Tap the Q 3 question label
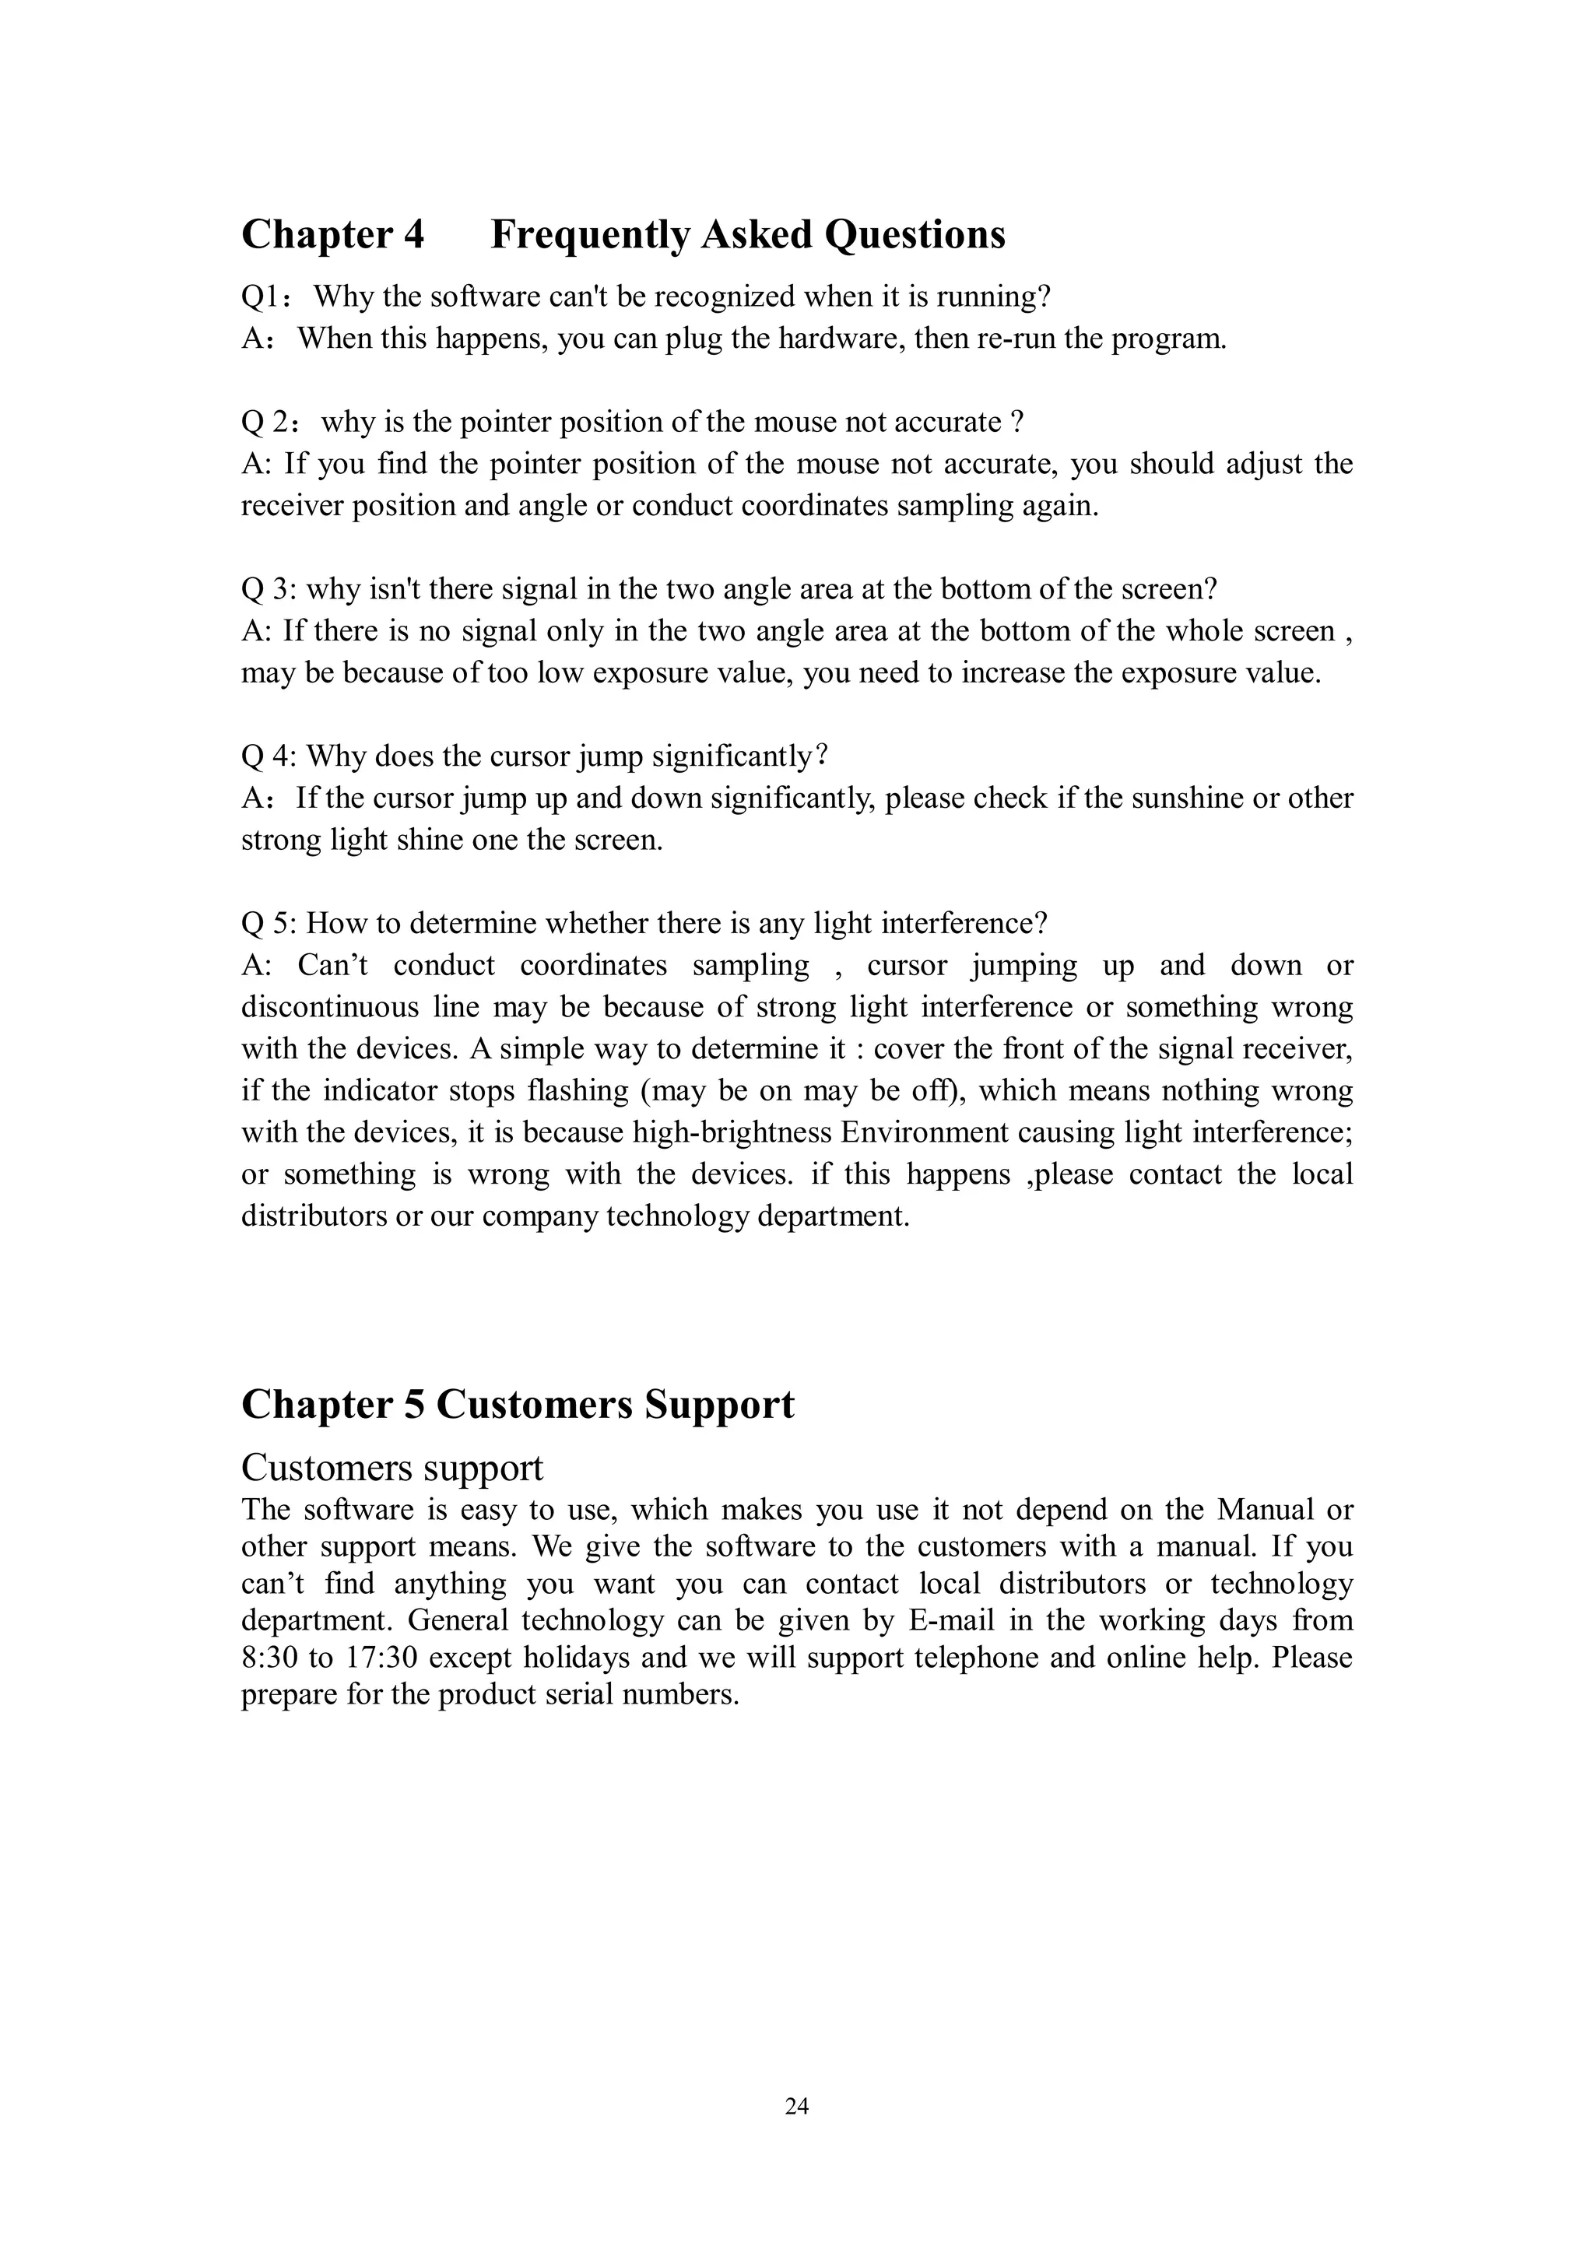coord(266,590)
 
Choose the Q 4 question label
coord(266,756)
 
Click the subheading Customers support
coord(391,1468)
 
